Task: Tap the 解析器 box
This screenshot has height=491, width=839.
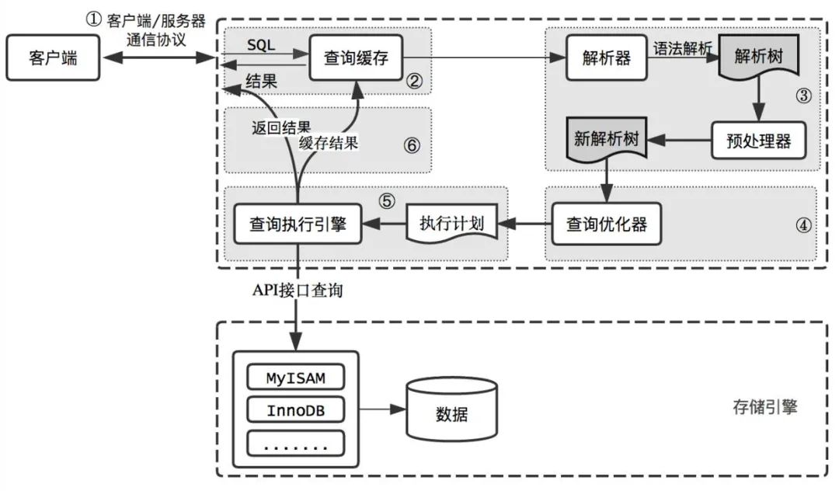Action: click(x=605, y=57)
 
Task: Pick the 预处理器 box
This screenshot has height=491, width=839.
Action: click(x=758, y=141)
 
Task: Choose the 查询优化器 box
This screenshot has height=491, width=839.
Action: click(x=607, y=225)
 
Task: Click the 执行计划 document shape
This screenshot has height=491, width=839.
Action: click(x=452, y=225)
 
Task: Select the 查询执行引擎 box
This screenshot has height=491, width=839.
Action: click(x=298, y=225)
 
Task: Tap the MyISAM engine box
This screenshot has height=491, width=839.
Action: click(x=296, y=378)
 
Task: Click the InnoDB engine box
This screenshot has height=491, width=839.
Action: click(x=296, y=410)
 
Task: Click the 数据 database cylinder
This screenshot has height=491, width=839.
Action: click(x=447, y=409)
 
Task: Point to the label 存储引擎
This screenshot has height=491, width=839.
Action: click(x=765, y=406)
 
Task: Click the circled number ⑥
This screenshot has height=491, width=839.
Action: click(x=413, y=145)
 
